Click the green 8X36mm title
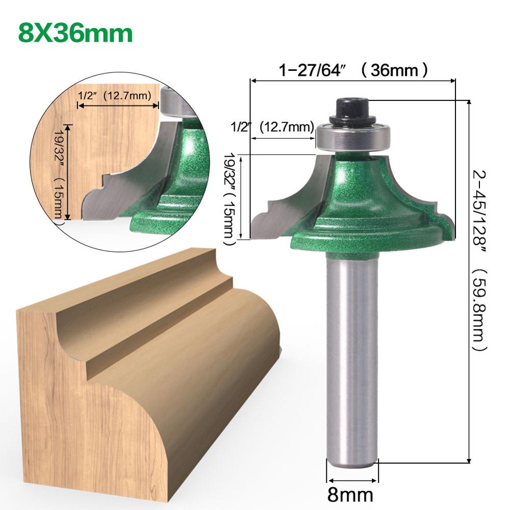[75, 32]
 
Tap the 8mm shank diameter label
[352, 494]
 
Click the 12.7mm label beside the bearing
[286, 126]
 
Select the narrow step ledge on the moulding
[158, 326]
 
